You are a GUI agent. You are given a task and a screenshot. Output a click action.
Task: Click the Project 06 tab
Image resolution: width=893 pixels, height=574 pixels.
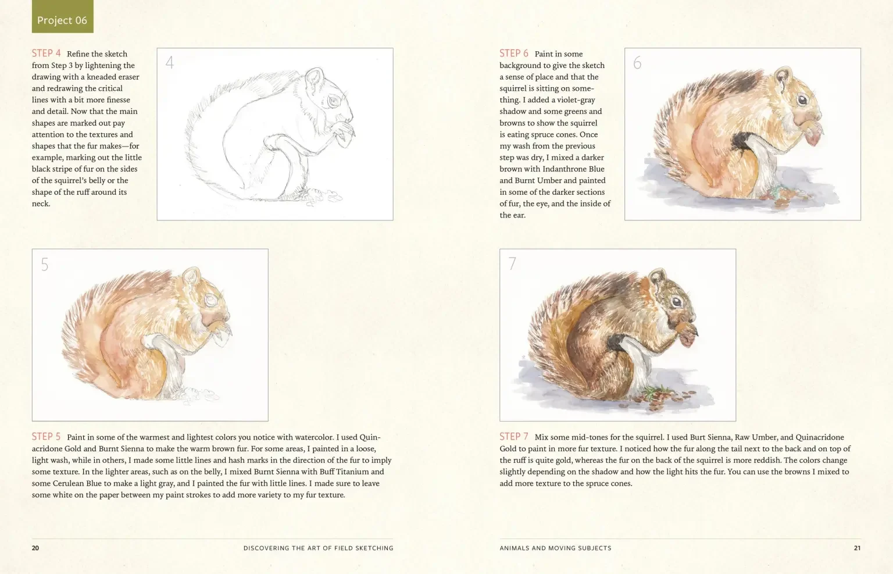tap(62, 20)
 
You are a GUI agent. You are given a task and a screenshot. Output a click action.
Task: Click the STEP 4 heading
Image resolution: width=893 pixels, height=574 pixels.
tap(47, 54)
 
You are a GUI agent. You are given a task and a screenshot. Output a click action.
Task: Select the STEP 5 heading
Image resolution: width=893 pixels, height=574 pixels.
tap(47, 437)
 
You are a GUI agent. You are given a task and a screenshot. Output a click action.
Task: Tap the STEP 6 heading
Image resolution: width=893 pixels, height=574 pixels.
tap(514, 54)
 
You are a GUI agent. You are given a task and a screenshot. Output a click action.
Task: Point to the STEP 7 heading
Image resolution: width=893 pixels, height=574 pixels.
tap(514, 437)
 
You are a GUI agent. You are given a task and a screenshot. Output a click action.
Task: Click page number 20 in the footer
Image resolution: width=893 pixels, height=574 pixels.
tap(35, 548)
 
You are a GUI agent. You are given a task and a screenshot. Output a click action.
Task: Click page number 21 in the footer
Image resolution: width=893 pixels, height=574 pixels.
tap(857, 548)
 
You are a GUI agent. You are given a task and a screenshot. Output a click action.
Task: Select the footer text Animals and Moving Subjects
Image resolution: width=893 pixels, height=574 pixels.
tap(555, 548)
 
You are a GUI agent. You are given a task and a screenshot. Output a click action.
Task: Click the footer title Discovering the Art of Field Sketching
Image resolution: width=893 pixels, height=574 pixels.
tap(318, 548)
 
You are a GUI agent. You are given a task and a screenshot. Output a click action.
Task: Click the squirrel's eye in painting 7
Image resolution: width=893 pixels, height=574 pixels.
tap(677, 302)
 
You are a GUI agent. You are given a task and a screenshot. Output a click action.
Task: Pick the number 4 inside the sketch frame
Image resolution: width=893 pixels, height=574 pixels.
tap(170, 63)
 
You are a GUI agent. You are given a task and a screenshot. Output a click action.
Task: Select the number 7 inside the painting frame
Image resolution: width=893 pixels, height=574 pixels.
tap(512, 264)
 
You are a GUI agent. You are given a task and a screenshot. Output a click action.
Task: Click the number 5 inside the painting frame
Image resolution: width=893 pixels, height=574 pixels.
tap(45, 265)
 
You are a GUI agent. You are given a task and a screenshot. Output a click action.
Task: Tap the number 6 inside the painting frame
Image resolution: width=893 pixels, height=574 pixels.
tap(637, 63)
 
